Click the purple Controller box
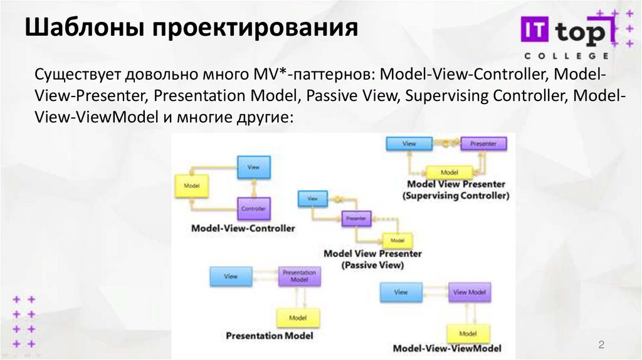point(253,208)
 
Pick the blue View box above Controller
point(253,167)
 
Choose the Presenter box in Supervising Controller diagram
point(483,144)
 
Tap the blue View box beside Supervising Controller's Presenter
point(409,144)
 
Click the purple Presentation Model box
point(299,277)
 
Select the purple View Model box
point(469,292)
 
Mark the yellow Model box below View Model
point(468,333)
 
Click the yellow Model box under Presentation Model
point(298,318)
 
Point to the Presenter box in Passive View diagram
point(355,219)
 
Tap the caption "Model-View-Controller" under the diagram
point(243,228)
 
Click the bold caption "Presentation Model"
point(269,336)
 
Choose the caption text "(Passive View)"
point(372,265)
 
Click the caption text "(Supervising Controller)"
point(456,196)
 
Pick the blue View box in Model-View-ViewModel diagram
point(401,292)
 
